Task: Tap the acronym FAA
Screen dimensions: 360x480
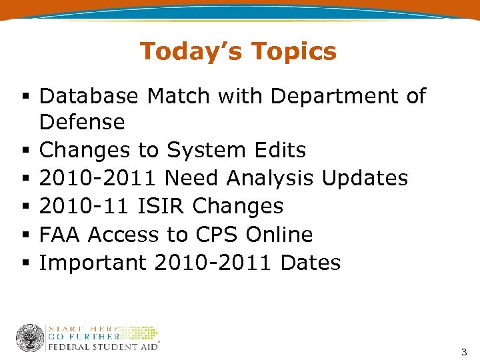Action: (x=61, y=235)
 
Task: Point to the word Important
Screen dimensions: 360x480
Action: (x=93, y=263)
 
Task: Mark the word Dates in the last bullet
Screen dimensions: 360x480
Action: (x=311, y=263)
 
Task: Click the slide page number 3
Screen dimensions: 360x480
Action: (x=464, y=352)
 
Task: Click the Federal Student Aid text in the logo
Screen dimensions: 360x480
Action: (x=102, y=347)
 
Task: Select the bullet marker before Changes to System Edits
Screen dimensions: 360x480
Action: (x=24, y=151)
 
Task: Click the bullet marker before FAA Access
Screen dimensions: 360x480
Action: (x=24, y=235)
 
